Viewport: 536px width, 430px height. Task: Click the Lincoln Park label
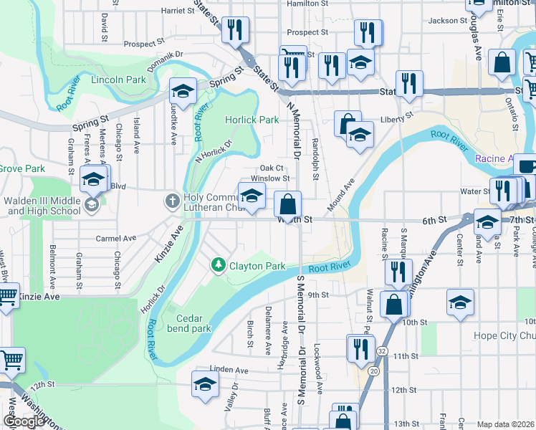coord(118,80)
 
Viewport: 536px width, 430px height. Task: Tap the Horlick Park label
coord(252,120)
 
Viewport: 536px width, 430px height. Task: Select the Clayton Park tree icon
coord(219,266)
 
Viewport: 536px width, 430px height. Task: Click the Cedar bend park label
coord(193,323)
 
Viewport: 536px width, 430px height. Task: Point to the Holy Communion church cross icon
coord(173,201)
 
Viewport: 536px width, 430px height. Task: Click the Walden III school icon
coord(91,206)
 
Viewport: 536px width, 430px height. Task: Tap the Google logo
coord(24,421)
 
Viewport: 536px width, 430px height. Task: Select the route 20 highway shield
coord(374,371)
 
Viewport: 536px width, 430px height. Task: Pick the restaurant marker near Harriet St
coord(234,29)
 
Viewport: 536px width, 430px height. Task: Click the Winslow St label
coord(270,178)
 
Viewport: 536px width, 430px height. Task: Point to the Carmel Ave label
coord(116,238)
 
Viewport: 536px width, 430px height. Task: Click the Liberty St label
coord(398,116)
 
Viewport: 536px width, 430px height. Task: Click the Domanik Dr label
coord(166,54)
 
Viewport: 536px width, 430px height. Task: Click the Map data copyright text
coord(506,424)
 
